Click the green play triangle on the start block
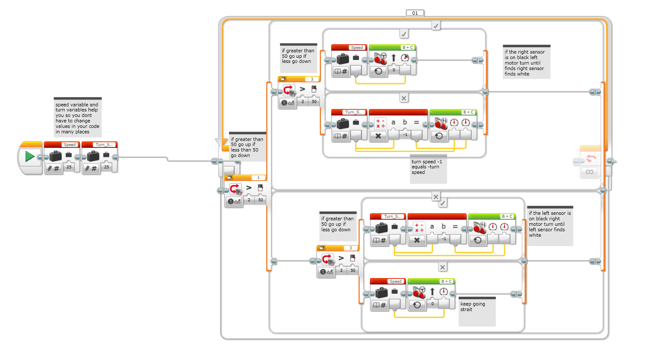coord(30,157)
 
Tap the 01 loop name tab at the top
coord(415,13)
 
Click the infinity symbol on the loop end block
coord(590,172)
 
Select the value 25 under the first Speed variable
coord(69,167)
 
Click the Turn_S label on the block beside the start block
coord(104,145)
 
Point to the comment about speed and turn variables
coord(78,118)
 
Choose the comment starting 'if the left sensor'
coord(550,224)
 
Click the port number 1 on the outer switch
coord(259,178)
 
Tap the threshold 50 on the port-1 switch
coord(261,200)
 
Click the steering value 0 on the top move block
coord(394,70)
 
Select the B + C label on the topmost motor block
coord(408,48)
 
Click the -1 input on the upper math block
coord(405,135)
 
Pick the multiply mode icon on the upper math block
coord(378,136)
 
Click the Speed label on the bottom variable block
coord(395,282)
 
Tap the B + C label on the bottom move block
coord(446,282)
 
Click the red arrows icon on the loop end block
coord(591,159)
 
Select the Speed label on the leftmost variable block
coord(70,145)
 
